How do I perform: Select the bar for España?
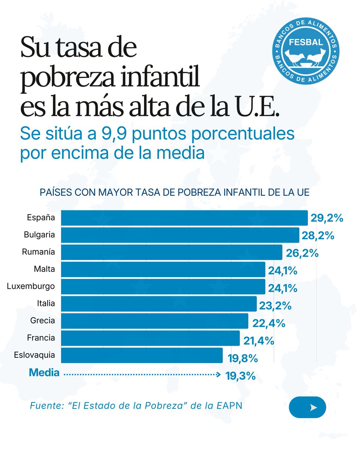(x=184, y=218)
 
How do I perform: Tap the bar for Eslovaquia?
(x=142, y=355)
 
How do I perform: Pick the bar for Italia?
(x=159, y=304)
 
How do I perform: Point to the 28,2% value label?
(x=318, y=235)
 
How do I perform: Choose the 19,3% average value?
(x=241, y=376)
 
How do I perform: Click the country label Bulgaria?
(x=39, y=235)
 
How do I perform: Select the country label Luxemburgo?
(x=31, y=286)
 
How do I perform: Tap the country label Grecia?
(x=42, y=321)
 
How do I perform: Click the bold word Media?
(x=44, y=373)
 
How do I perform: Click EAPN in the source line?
(x=229, y=406)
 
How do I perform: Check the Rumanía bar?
(x=171, y=252)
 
